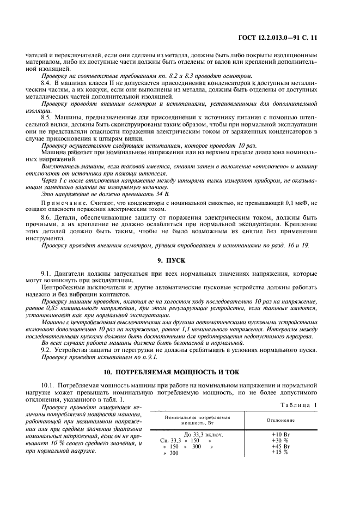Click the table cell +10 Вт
pos(280,434)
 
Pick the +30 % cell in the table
pos(279,440)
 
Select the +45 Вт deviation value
pos(280,446)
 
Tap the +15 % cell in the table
pos(279,452)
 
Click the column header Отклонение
pos(280,420)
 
